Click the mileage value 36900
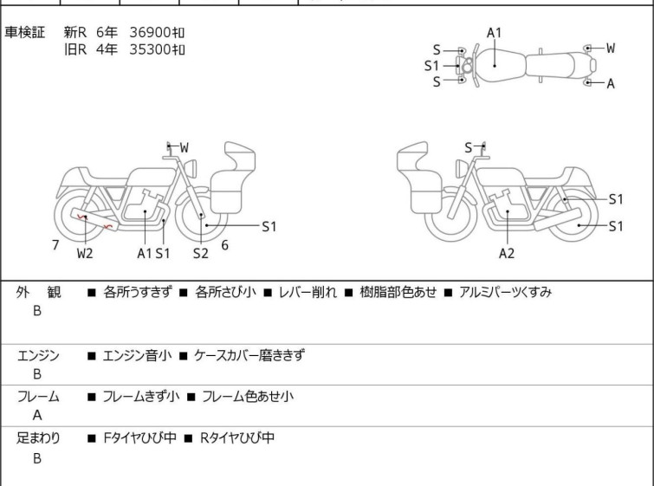coord(151,32)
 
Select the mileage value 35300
coord(151,49)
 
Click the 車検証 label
coord(25,32)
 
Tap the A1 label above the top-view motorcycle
coord(494,33)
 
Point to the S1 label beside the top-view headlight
coord(431,65)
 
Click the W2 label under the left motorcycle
coord(85,253)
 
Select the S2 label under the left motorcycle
coord(200,253)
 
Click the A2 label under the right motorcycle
coord(507,253)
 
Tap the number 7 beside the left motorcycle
coord(55,245)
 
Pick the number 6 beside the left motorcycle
coord(224,245)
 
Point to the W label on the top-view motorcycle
coord(610,48)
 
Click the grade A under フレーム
coord(37,415)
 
